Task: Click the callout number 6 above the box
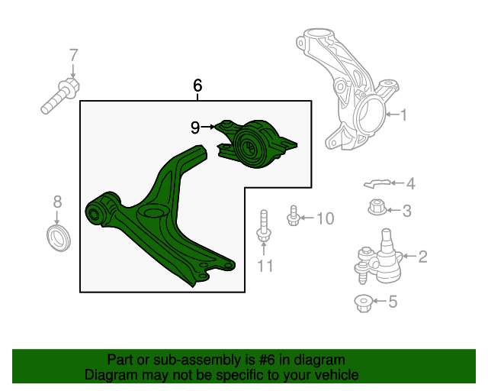(197, 86)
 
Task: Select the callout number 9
(195, 128)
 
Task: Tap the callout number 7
(73, 55)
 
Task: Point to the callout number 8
(58, 202)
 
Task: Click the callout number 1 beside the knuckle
(403, 115)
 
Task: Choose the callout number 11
(265, 266)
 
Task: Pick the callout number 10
(326, 218)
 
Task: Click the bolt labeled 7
(60, 96)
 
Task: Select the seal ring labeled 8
(59, 238)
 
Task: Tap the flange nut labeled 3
(377, 207)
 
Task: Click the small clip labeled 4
(377, 184)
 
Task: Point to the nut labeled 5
(363, 303)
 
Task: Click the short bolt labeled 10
(293, 216)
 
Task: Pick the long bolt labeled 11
(264, 227)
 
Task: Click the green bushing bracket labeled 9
(257, 144)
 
